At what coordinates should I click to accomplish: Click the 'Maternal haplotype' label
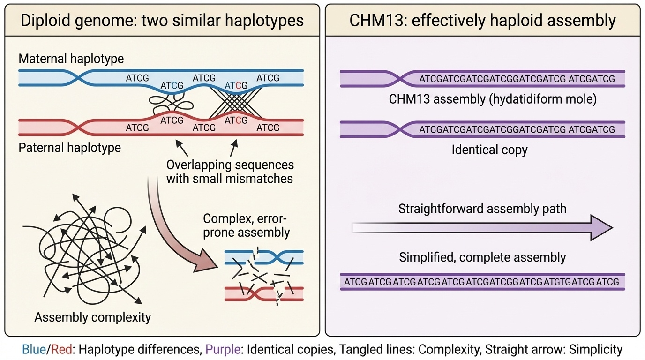pos(71,59)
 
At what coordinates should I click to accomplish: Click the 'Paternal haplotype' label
pos(69,148)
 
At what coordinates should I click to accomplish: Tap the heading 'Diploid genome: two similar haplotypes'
pos(162,21)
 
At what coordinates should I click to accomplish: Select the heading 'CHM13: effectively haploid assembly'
pos(482,21)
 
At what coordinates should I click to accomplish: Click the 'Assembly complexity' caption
pos(93,317)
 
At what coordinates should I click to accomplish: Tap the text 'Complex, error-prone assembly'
pos(247,225)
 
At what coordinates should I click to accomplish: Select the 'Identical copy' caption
pos(489,150)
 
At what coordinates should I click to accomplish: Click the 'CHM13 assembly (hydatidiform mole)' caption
pos(493,100)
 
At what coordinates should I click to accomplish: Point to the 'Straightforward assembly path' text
pos(482,208)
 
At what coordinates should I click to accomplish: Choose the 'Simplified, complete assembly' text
pos(482,257)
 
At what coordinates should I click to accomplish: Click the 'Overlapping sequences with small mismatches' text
pos(230,172)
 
